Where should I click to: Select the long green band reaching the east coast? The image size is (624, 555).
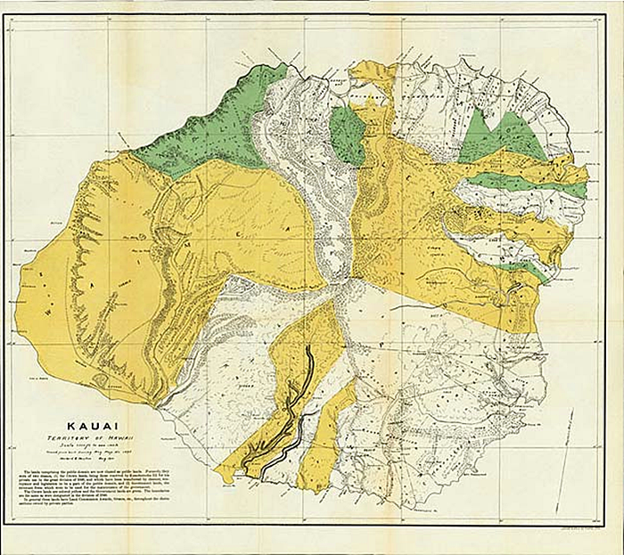coord(526,184)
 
